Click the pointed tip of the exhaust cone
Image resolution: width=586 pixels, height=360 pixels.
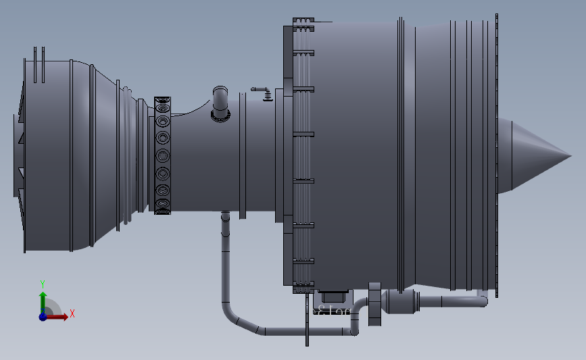(570, 156)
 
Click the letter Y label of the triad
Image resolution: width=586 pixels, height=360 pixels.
(42, 284)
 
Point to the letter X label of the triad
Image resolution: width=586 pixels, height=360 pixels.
(72, 313)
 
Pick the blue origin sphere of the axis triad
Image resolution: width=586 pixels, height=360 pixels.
(43, 316)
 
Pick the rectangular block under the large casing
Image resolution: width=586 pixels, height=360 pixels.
(333, 296)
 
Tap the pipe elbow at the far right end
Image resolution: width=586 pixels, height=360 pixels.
(482, 299)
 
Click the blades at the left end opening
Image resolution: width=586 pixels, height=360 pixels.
(20, 156)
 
